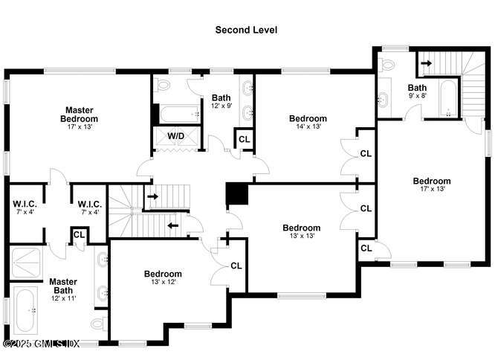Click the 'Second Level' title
click(246, 30)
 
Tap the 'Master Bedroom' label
click(80, 114)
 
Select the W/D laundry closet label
click(176, 136)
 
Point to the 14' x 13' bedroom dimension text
click(308, 127)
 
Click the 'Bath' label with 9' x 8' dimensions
click(417, 87)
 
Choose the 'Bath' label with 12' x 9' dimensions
click(221, 97)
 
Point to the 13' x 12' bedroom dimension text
click(163, 283)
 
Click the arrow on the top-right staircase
click(425, 63)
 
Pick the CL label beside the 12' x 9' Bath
click(245, 139)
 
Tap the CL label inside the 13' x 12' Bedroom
click(236, 266)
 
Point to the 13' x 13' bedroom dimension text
click(302, 237)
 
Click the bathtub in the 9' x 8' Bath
click(447, 100)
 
